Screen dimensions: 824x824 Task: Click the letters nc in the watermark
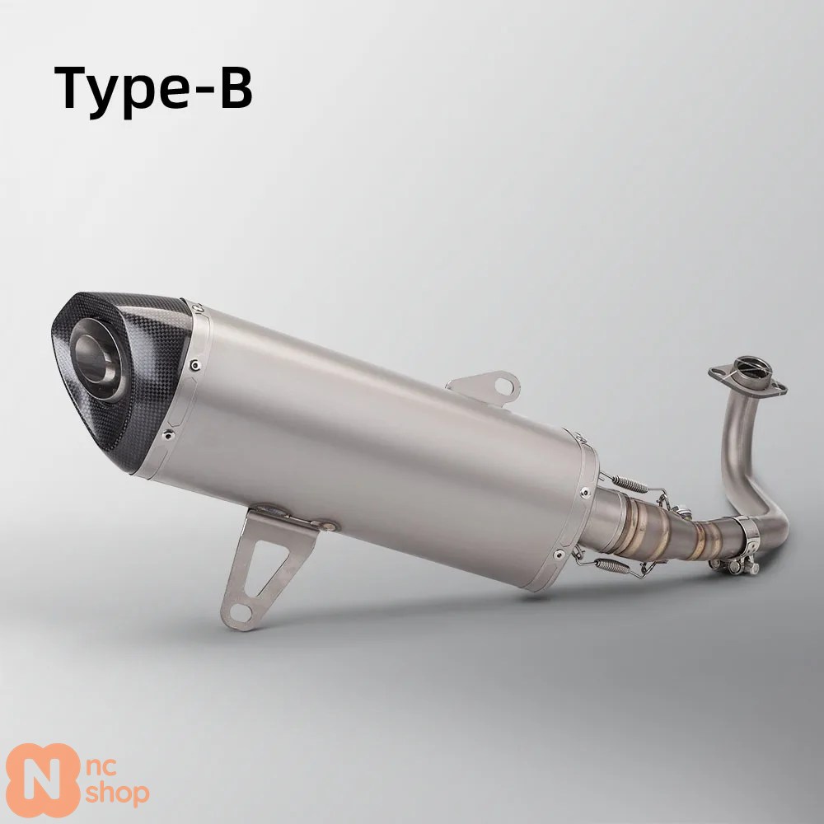pos(101,767)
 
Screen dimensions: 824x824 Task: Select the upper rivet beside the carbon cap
pos(195,364)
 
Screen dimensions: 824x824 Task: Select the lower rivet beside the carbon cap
pos(167,434)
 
